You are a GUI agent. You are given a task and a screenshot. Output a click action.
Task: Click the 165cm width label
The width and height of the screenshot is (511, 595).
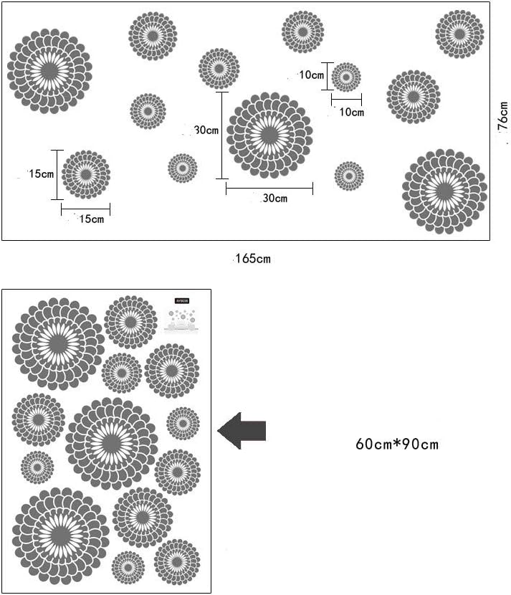tap(253, 259)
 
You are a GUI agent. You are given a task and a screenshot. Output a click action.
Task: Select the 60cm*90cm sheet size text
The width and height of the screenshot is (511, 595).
tap(396, 444)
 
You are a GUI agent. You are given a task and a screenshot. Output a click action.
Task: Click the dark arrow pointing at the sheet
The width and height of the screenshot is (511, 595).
tap(242, 431)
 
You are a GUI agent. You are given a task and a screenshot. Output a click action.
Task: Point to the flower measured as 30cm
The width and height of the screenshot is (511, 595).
tap(269, 135)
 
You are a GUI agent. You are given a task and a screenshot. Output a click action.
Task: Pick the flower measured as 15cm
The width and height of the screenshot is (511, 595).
tap(86, 174)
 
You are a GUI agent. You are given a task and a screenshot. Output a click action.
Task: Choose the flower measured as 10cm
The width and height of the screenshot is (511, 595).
tap(346, 77)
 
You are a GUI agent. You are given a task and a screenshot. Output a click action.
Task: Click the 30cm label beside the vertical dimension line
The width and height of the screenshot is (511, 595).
tap(206, 130)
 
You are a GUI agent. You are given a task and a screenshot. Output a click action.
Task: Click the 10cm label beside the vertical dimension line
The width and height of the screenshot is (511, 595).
tap(312, 75)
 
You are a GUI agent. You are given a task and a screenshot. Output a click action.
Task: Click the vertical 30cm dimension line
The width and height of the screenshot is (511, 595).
tap(222, 135)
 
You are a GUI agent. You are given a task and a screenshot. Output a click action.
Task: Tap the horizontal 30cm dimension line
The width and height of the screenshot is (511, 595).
tap(269, 189)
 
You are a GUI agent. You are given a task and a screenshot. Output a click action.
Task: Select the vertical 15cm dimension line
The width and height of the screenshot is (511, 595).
tap(57, 174)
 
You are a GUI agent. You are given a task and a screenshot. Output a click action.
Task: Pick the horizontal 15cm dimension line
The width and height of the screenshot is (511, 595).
tap(86, 209)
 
